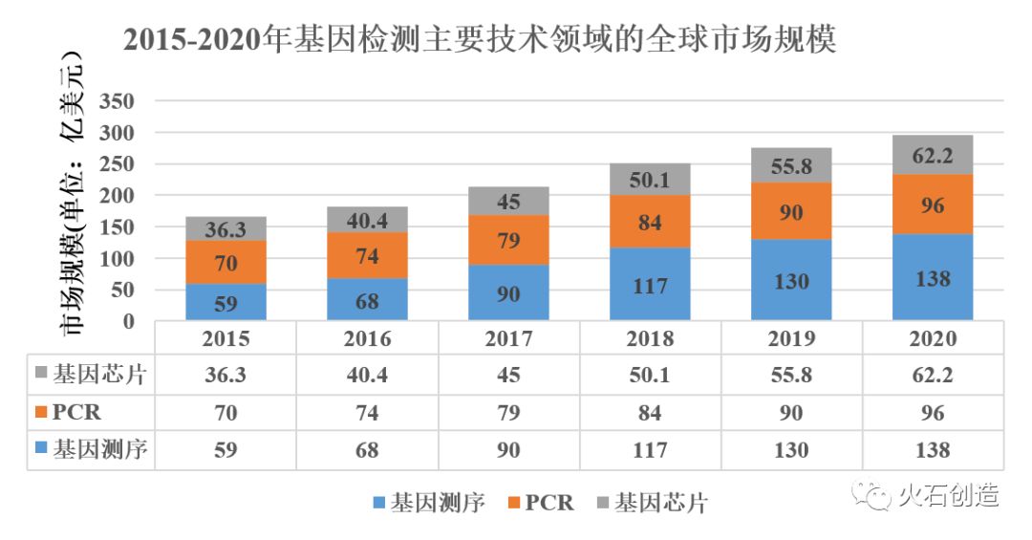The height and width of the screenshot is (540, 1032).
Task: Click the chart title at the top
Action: click(x=479, y=40)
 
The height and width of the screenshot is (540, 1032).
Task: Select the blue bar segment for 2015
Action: click(x=226, y=302)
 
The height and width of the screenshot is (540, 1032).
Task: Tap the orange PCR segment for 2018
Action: click(x=651, y=222)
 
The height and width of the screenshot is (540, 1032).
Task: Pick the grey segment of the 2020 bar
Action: click(x=933, y=155)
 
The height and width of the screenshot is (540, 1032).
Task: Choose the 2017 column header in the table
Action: click(x=508, y=338)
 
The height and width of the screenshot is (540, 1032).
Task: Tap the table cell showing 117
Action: click(x=651, y=449)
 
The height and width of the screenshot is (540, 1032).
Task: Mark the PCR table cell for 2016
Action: click(x=367, y=412)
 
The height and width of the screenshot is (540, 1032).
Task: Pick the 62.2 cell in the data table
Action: click(x=933, y=375)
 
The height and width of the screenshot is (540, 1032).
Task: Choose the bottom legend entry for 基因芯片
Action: click(x=651, y=502)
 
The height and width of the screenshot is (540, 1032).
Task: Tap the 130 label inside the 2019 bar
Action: click(x=791, y=281)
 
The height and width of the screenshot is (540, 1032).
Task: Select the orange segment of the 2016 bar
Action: click(x=367, y=255)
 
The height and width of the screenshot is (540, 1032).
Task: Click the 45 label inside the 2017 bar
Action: click(x=508, y=201)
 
